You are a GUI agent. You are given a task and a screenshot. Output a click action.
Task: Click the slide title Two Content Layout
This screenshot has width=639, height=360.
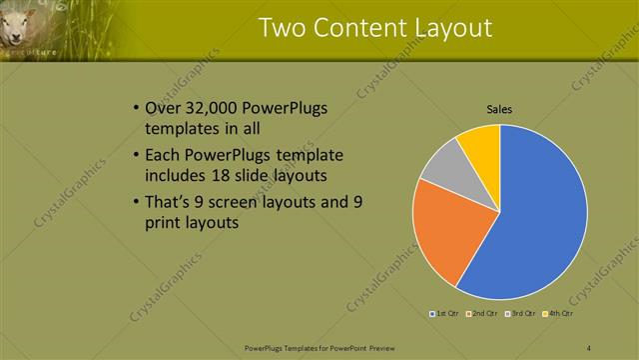(x=374, y=27)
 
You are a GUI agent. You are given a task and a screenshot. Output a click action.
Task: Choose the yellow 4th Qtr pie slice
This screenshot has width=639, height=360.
(x=482, y=143)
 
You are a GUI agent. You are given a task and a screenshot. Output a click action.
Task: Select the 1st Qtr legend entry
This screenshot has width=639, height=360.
(x=443, y=314)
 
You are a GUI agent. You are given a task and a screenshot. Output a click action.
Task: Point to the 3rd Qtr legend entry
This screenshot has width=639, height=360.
(x=520, y=314)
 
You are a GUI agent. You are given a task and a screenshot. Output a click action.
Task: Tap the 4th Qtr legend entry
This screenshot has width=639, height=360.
(x=558, y=314)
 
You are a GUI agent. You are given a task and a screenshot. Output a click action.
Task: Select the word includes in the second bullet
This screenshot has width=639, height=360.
(x=172, y=175)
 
